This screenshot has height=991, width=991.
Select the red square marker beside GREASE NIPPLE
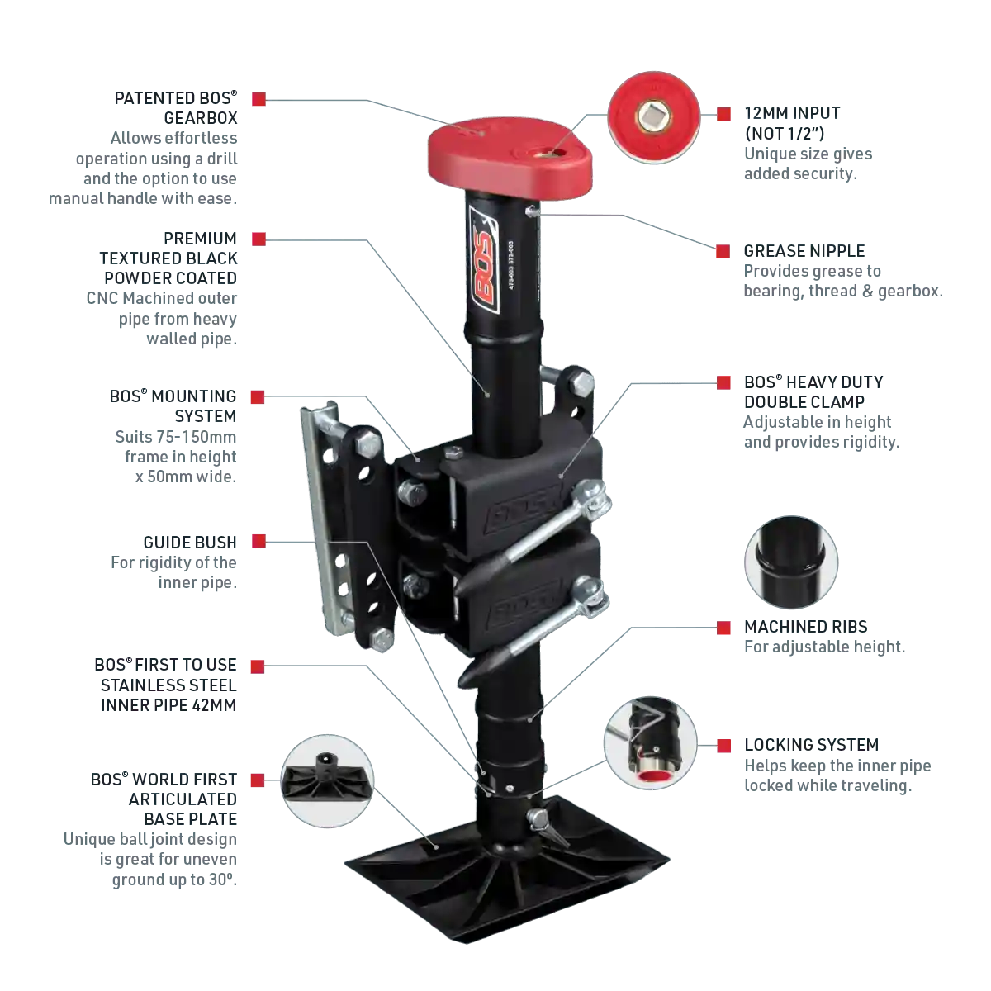[x=723, y=252]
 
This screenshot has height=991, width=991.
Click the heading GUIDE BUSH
[x=190, y=542]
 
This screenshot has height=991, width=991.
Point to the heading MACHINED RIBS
[x=806, y=626]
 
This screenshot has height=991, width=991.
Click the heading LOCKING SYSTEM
[x=812, y=745]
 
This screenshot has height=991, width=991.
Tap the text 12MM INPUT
[x=792, y=113]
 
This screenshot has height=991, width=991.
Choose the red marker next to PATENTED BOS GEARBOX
[x=258, y=99]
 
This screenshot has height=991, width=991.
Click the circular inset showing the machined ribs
[x=791, y=562]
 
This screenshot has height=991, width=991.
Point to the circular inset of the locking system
[x=651, y=743]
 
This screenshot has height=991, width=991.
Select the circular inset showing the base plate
[x=327, y=780]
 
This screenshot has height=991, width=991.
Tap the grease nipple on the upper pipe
[x=533, y=211]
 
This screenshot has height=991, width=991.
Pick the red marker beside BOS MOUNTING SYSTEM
[x=258, y=396]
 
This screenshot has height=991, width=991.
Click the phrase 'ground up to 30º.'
[x=174, y=880]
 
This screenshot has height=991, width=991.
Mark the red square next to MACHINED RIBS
[x=723, y=628]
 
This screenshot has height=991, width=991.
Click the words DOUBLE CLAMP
[x=804, y=401]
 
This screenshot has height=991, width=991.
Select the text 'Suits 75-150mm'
[x=176, y=437]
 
